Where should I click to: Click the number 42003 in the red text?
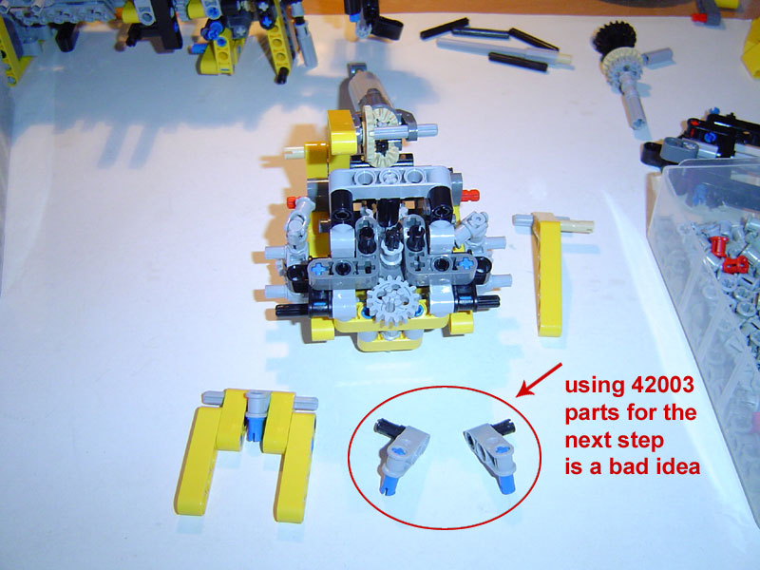[x=662, y=385]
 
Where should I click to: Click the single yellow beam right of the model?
[x=547, y=274]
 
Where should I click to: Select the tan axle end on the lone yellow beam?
[x=577, y=226]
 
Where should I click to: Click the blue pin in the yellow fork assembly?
[x=254, y=425]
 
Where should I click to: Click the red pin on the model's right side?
[x=469, y=196]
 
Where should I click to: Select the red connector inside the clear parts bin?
[x=734, y=265]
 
